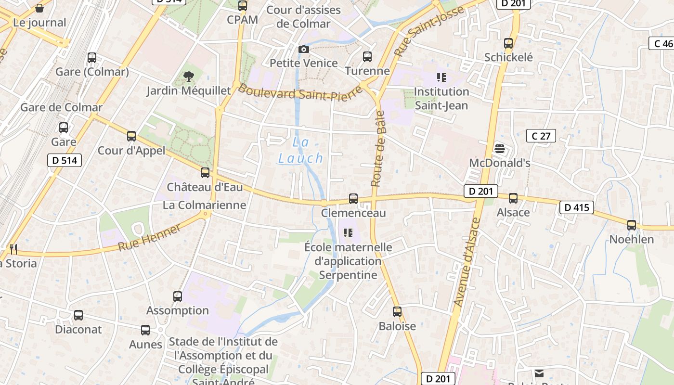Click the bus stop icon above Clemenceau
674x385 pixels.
click(x=353, y=198)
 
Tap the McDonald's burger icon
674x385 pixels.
click(x=499, y=148)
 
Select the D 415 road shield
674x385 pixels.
click(x=576, y=208)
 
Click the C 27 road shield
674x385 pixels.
click(x=541, y=136)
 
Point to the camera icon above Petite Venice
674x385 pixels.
click(x=303, y=49)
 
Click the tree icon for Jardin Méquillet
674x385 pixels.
click(x=189, y=76)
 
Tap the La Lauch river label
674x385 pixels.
click(x=301, y=150)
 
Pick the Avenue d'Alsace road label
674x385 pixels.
click(x=467, y=262)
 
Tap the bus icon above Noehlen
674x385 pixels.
click(x=632, y=225)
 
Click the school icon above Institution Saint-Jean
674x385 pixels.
click(x=441, y=77)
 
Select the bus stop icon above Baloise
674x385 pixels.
click(x=397, y=311)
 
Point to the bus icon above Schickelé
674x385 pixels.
click(x=508, y=43)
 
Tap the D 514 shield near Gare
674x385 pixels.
click(x=64, y=160)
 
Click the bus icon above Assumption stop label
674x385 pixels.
click(x=178, y=296)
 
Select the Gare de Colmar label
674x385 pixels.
click(x=62, y=107)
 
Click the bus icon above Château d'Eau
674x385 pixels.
click(x=205, y=172)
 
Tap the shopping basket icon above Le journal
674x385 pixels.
click(x=39, y=8)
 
